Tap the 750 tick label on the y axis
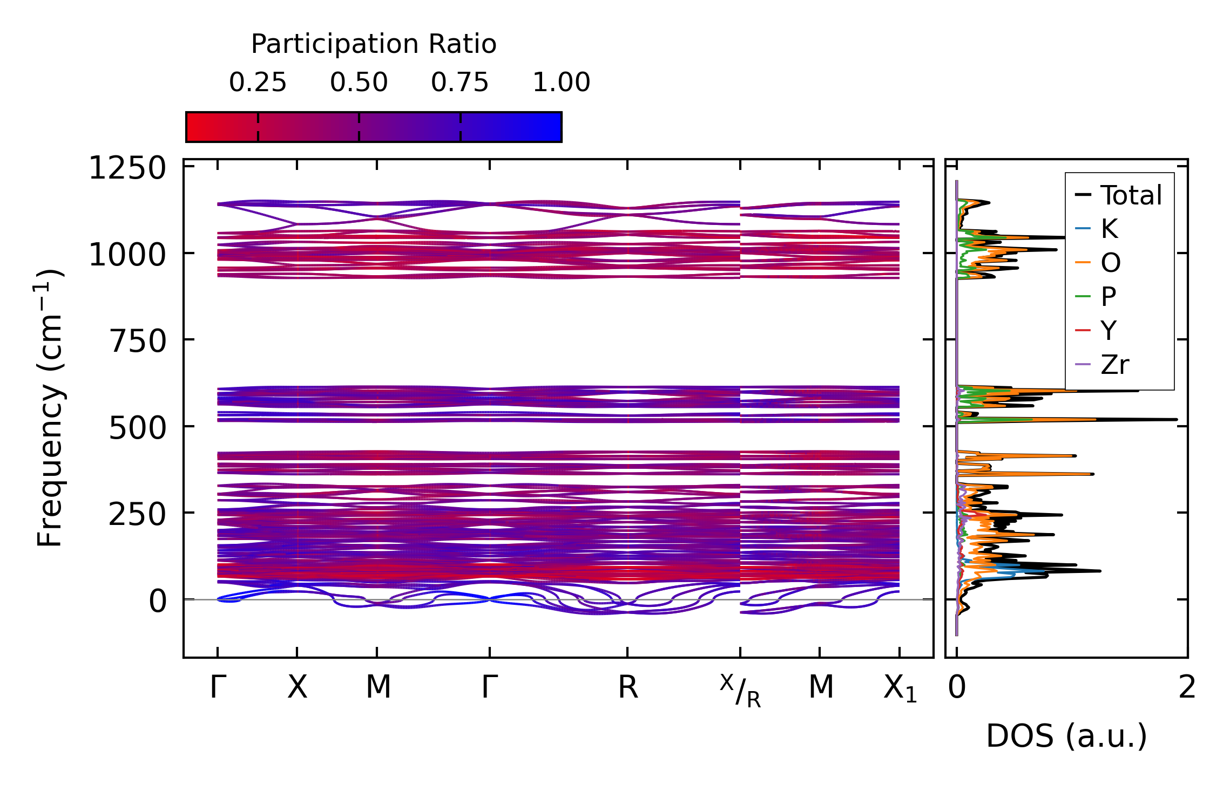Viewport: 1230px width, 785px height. coord(138,342)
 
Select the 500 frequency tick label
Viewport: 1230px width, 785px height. coord(138,428)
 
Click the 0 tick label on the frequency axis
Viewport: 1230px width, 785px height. coord(158,601)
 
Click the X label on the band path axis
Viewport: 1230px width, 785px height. coord(297,687)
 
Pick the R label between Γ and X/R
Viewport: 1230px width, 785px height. coord(627,687)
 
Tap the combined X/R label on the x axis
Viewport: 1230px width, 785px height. coord(740,691)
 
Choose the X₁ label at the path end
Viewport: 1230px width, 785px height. coord(900,688)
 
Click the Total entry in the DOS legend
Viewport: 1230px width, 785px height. coord(1131,195)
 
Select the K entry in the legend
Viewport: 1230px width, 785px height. coord(1109,229)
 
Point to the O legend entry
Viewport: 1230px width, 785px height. coord(1111,263)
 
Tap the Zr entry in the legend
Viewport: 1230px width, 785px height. coord(1115,365)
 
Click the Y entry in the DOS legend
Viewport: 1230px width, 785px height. coord(1109,330)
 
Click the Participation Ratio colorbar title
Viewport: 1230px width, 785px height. coord(374,44)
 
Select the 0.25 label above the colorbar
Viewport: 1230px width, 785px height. coord(258,83)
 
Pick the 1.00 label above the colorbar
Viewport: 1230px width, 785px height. coord(562,83)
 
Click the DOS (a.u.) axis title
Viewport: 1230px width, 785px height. coord(1066,736)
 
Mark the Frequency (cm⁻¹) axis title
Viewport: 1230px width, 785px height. coord(50,408)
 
